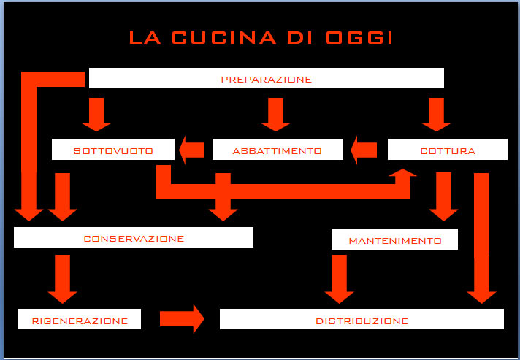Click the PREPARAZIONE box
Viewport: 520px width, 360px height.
pyautogui.click(x=266, y=78)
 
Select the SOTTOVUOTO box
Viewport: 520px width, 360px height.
pyautogui.click(x=113, y=150)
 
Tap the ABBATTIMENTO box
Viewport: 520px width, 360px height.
pyautogui.click(x=277, y=150)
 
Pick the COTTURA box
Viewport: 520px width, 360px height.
pyautogui.click(x=447, y=150)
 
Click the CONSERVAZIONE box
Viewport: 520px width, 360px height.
pyautogui.click(x=134, y=237)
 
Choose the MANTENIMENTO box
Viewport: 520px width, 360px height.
pyautogui.click(x=394, y=240)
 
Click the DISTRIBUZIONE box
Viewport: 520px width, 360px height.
pyautogui.click(x=362, y=320)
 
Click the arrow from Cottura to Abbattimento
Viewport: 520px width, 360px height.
pyautogui.click(x=364, y=150)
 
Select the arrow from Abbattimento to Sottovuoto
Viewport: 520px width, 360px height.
pyautogui.click(x=192, y=150)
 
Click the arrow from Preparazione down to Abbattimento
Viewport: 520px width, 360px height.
pyautogui.click(x=275, y=113)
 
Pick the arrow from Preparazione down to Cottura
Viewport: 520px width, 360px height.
pyautogui.click(x=436, y=113)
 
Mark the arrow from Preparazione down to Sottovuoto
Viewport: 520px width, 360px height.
pyautogui.click(x=96, y=113)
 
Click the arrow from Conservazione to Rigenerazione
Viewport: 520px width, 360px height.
pyautogui.click(x=63, y=277)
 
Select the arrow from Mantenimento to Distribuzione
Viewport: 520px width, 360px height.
pyautogui.click(x=339, y=278)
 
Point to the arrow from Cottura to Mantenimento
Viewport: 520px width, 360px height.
pyautogui.click(x=443, y=196)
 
